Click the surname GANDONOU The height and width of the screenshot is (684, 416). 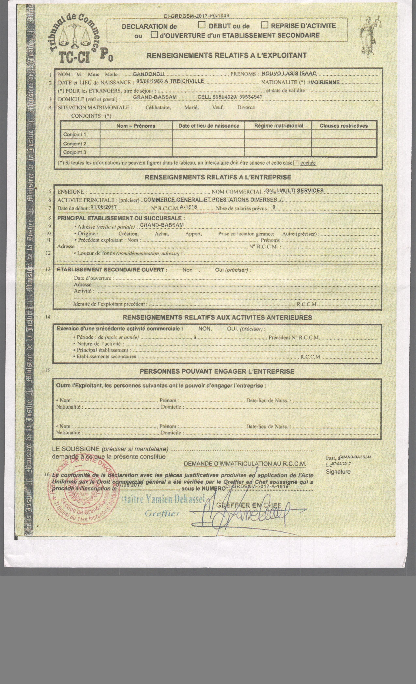coord(148,74)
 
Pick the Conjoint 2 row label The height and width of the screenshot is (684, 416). coord(75,144)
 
